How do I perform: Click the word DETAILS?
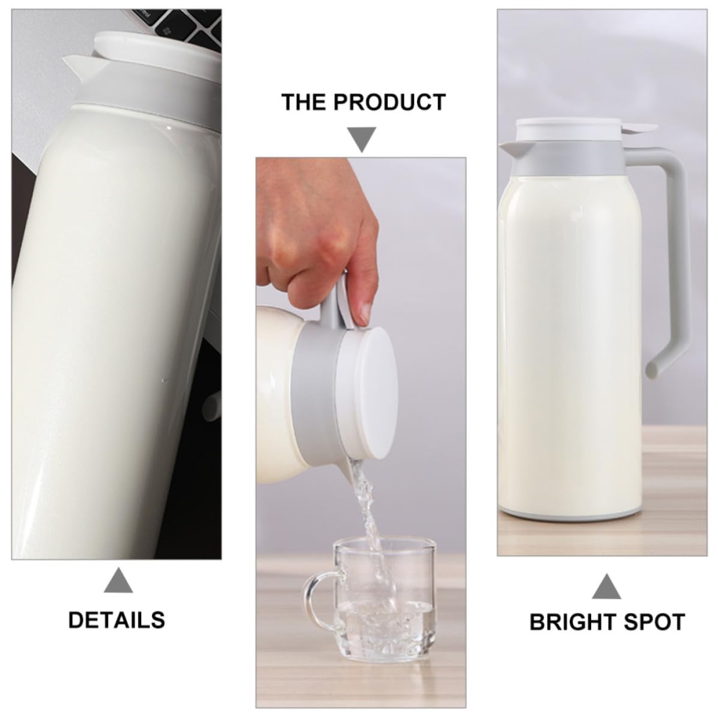117,620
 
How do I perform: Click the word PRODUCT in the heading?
389,102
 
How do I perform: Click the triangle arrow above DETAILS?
118,580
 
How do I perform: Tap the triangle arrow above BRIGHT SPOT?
606,586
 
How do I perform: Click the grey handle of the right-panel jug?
669,257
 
